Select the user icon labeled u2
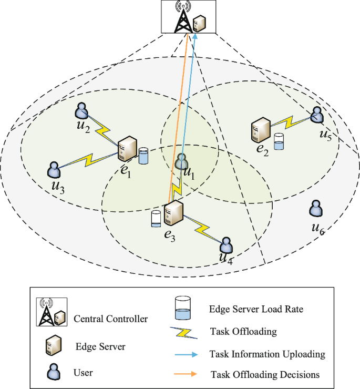81,111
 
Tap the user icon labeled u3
54,169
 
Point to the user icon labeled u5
316,115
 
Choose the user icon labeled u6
315,209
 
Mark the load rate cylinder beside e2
279,141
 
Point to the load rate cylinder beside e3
156,219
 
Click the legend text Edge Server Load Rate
256,309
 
